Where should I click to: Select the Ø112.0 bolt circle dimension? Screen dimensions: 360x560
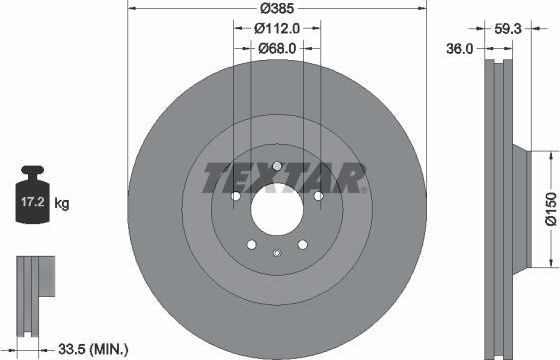[277, 31]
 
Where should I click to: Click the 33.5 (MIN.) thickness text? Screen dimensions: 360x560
[92, 348]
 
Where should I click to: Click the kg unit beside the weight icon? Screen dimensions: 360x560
[62, 203]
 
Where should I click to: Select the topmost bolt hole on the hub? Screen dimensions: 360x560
[277, 167]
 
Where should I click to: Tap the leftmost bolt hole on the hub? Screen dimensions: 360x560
[235, 197]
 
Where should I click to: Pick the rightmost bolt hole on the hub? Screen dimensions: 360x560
[319, 197]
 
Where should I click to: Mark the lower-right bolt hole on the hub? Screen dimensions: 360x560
[303, 246]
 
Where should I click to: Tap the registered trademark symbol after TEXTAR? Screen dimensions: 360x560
[364, 190]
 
